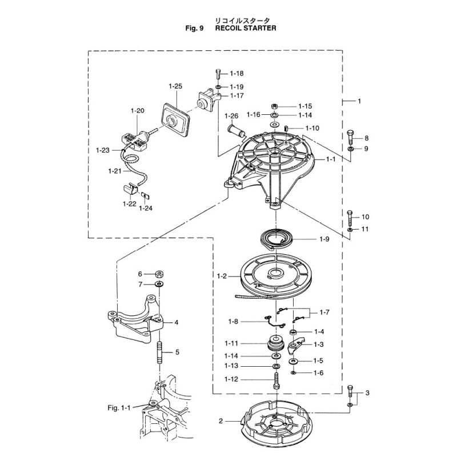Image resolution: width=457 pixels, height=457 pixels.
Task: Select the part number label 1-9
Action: click(x=323, y=239)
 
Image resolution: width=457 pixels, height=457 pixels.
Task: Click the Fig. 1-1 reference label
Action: click(x=119, y=407)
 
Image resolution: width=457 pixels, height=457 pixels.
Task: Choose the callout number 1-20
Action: click(x=137, y=110)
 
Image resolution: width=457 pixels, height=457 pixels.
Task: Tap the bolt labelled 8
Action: click(x=350, y=138)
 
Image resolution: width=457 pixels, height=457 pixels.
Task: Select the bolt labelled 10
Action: click(x=350, y=217)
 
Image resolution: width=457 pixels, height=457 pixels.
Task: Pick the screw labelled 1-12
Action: click(x=276, y=380)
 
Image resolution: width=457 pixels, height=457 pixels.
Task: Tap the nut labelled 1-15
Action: click(x=274, y=106)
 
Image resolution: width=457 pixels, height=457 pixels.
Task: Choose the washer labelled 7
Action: click(x=159, y=284)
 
